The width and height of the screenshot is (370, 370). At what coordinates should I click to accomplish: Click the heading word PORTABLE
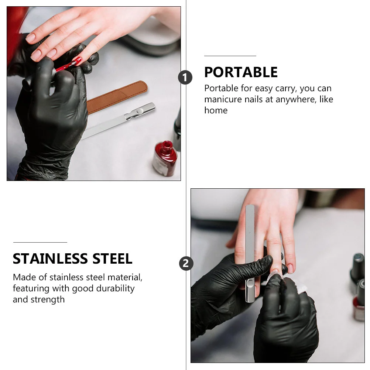click(x=241, y=72)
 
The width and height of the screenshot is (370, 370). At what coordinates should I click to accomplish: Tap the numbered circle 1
click(x=185, y=78)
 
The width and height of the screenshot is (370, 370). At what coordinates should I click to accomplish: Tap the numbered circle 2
click(x=186, y=263)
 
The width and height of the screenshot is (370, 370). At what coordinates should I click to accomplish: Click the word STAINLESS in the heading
click(x=50, y=258)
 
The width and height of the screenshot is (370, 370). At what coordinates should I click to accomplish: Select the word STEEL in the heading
click(x=112, y=258)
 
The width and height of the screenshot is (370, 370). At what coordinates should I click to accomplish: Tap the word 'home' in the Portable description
click(x=216, y=110)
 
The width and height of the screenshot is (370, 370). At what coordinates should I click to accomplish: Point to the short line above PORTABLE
click(x=230, y=56)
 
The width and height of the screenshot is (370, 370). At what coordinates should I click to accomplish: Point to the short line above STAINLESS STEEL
click(x=40, y=242)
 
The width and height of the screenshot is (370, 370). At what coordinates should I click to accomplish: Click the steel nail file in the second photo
click(x=250, y=254)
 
